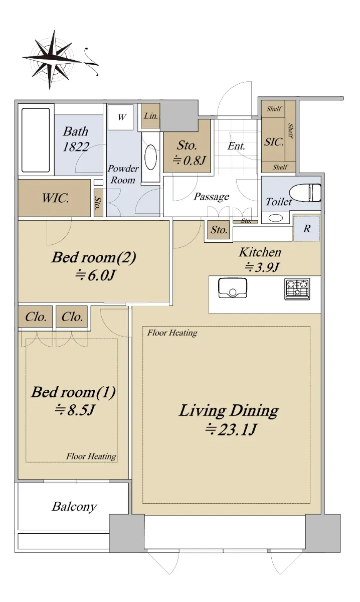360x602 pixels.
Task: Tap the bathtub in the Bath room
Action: coord(36,140)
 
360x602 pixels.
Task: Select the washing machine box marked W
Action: coord(121,117)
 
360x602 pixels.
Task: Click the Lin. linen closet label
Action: coord(151,116)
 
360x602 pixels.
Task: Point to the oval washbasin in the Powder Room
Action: coord(151,157)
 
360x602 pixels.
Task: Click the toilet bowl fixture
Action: coord(305,193)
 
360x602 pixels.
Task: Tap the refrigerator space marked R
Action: coord(306,228)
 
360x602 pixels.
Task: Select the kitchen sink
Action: coord(233,288)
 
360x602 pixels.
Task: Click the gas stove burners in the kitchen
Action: coord(297,289)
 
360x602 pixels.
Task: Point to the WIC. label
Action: coord(55,198)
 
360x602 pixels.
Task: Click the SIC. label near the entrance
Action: coord(274,141)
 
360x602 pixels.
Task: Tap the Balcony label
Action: coord(74,507)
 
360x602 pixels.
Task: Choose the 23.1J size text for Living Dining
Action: coord(231,429)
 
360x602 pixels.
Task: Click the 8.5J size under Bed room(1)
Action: coord(75,410)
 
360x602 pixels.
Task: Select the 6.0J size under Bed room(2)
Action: coord(95,275)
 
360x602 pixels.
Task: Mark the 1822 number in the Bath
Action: coord(76,146)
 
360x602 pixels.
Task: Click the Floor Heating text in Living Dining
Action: coord(172,333)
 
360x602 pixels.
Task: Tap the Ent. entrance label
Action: coord(237,146)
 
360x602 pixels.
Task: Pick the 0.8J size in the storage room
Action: coord(189,161)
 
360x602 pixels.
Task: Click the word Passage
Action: coord(212,197)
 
